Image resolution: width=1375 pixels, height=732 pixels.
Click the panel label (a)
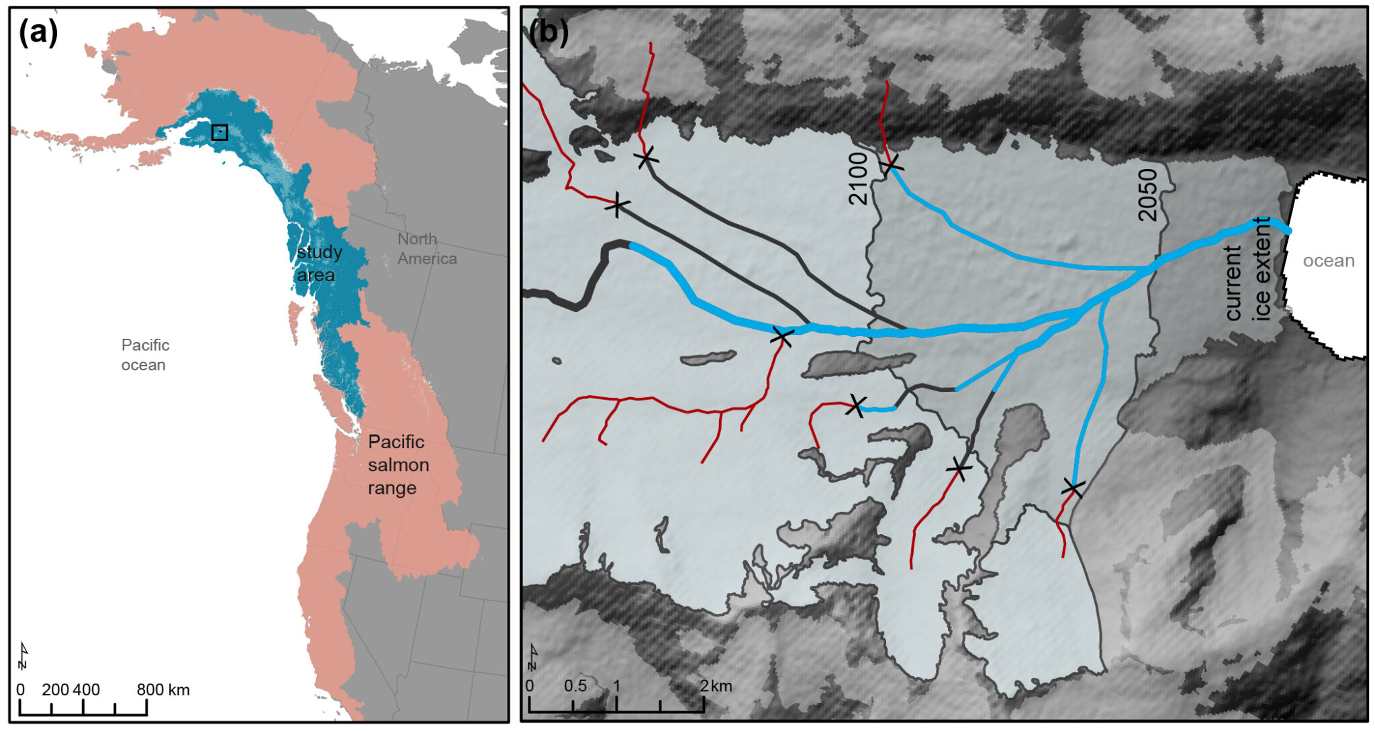(39, 32)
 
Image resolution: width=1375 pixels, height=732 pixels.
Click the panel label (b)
(549, 32)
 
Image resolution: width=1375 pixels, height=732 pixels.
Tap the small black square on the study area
(220, 132)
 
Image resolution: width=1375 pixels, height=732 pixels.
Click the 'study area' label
(319, 263)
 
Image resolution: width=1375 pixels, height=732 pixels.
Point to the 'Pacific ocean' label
(145, 354)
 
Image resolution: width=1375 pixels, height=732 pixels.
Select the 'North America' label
(426, 249)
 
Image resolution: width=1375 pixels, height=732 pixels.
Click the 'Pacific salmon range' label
(398, 464)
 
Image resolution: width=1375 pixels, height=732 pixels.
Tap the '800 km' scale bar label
(163, 690)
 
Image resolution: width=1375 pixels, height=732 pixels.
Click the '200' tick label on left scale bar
(55, 690)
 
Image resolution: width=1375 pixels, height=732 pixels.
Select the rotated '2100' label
(858, 178)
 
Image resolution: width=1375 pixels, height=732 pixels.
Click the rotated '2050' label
(1148, 195)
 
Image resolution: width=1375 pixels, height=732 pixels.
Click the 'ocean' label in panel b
(1328, 260)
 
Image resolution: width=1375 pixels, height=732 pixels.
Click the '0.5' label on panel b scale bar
(575, 686)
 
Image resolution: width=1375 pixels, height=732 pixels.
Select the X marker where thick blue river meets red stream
(781, 336)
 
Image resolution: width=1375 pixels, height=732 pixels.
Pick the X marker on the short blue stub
(855, 405)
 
